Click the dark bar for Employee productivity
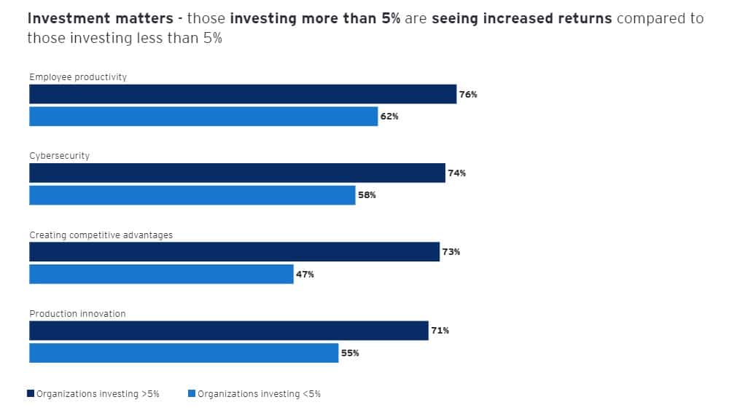243,94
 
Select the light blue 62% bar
203,117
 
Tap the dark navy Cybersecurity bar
237,173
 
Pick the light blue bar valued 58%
192,195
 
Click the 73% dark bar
234,252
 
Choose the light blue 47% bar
161,274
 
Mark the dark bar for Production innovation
229,331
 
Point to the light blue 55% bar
184,353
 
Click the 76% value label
468,95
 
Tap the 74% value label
457,173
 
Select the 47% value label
305,275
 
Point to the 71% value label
440,331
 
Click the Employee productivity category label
78,76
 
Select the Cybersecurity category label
60,156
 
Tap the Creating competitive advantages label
101,235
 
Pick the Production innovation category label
77,314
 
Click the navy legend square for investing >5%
31,393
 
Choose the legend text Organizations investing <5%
259,394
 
